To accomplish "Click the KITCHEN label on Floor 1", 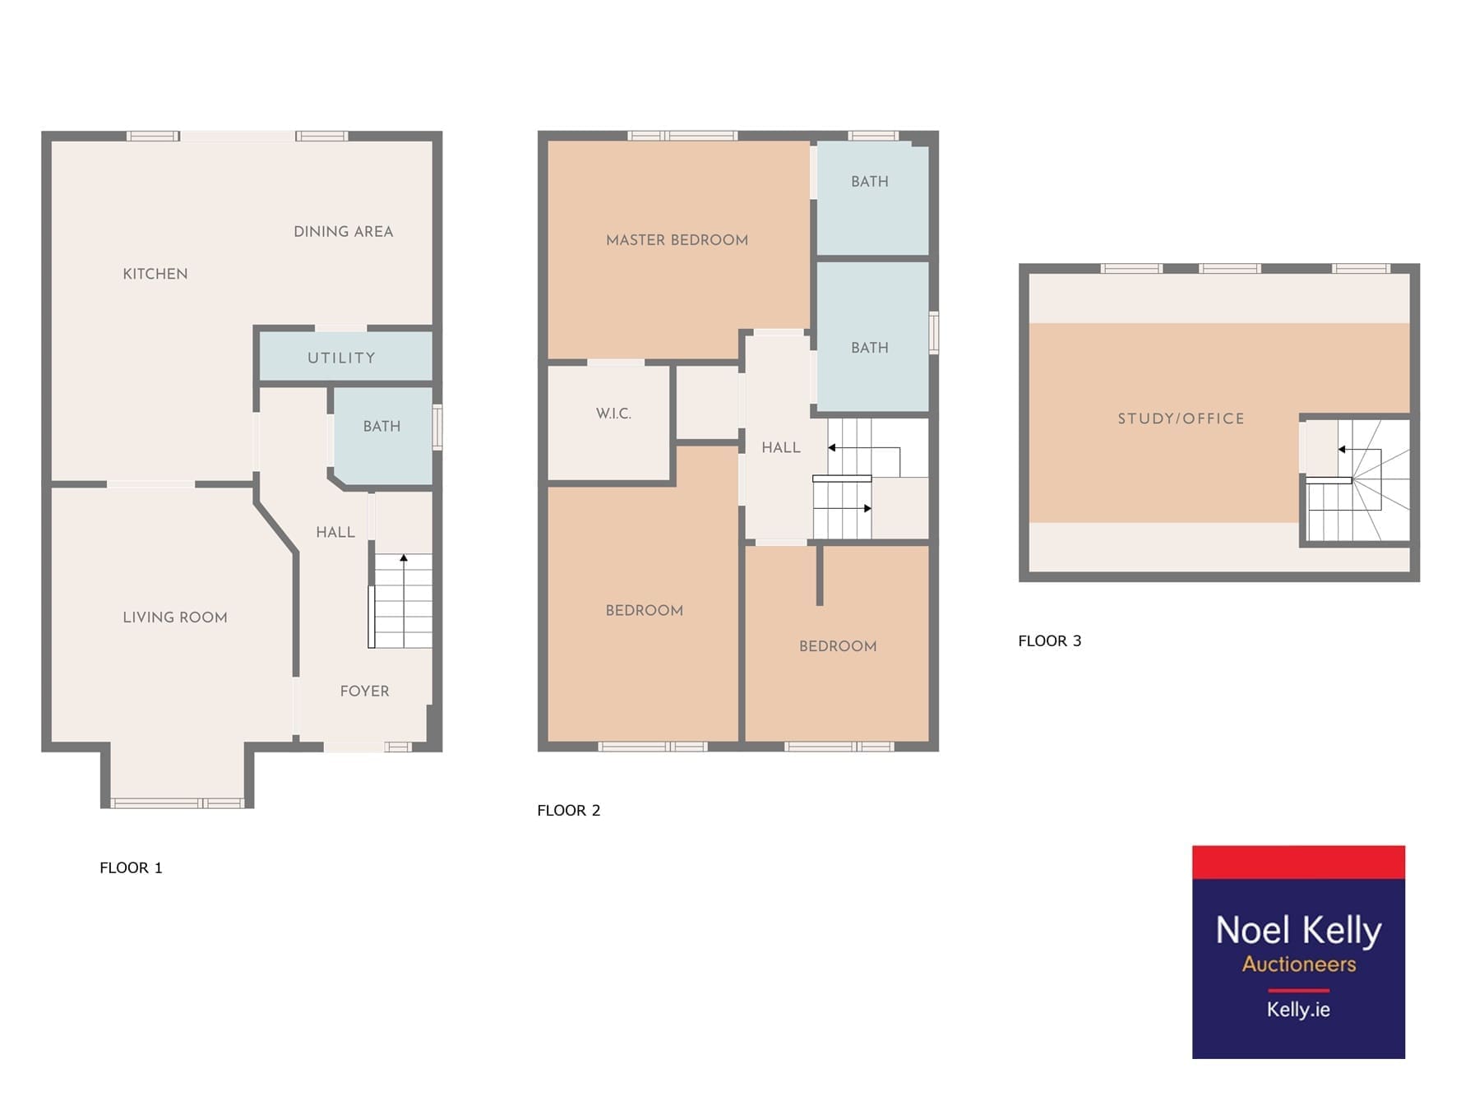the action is coord(155,274).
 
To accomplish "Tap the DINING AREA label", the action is coord(344,232).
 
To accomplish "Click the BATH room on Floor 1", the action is coord(382,435).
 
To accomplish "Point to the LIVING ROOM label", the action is coord(175,617).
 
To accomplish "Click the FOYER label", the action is coord(365,691).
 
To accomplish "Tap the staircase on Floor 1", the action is coord(400,600).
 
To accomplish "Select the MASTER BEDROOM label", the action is coord(677,240).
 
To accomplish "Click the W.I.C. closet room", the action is coord(609,423).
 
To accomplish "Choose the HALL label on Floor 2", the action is coord(781,448).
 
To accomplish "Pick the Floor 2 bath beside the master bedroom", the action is coord(872,198).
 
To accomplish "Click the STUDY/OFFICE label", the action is coord(1181,419).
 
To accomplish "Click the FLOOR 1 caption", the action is coord(132,867).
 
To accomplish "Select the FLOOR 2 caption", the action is coord(569,810).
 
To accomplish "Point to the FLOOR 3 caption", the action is coord(1050,640).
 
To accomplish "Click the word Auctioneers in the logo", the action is coord(1299,964).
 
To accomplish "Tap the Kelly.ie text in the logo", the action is coord(1298,1009).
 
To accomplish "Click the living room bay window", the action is coord(178,803).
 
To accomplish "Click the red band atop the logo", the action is coord(1298,862).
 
